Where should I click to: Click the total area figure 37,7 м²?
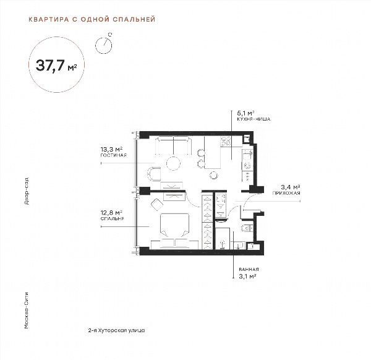(x=56, y=66)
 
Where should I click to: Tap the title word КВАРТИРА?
(x=49, y=19)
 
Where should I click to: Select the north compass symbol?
(x=104, y=44)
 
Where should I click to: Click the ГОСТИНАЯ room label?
(x=114, y=155)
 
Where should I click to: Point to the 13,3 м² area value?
(x=111, y=149)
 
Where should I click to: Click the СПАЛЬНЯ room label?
(x=112, y=219)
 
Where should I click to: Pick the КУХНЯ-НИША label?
(x=254, y=119)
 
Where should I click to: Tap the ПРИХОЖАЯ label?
(x=286, y=193)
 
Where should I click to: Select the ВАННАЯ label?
(x=249, y=269)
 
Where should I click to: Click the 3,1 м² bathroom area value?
(x=248, y=276)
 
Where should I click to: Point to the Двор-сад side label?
(x=27, y=191)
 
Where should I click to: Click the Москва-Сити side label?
(x=27, y=311)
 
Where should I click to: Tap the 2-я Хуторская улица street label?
(x=116, y=330)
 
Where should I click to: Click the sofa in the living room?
(x=173, y=145)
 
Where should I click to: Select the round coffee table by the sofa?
(x=173, y=163)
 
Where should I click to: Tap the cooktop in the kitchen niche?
(x=226, y=141)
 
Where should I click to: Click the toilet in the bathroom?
(x=247, y=228)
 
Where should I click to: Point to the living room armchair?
(x=154, y=174)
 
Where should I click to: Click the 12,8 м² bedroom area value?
(x=111, y=213)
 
